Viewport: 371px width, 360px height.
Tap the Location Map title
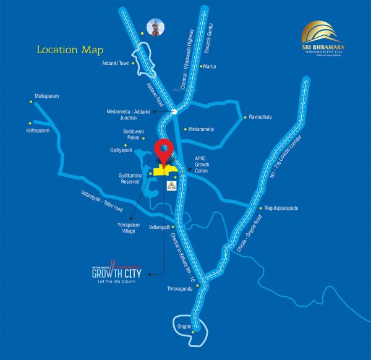70,49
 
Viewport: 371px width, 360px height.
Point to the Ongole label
181,326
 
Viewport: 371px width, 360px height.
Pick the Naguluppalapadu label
283,208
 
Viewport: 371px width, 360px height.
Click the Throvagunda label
180,289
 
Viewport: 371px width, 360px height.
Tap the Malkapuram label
47,96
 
